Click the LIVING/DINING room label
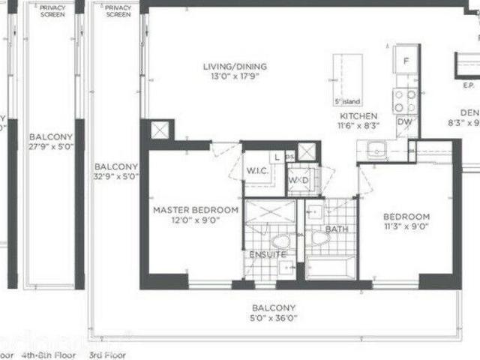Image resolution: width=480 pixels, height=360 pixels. [x=234, y=67]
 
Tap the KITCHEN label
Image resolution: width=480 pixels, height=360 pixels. [x=358, y=117]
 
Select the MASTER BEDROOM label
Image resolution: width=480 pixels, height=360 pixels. [x=196, y=210]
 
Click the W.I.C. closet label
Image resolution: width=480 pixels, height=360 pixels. [x=257, y=171]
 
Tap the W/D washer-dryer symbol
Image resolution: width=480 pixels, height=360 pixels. [x=298, y=181]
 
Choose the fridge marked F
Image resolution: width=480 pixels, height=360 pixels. [x=406, y=60]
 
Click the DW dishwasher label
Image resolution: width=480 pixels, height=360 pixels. [x=404, y=121]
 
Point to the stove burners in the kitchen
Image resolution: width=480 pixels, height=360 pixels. [x=405, y=100]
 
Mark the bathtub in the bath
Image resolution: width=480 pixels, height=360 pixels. [x=331, y=267]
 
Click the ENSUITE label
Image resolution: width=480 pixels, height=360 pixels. [x=267, y=255]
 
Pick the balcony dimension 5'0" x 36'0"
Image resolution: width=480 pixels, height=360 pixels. [x=273, y=318]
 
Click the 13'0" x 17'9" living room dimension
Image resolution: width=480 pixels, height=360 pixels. [x=234, y=77]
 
